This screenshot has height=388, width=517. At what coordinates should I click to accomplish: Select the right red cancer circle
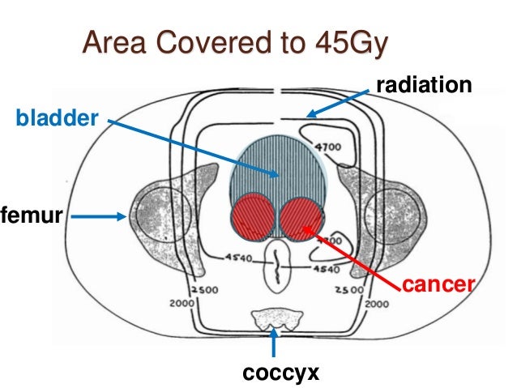[x=302, y=217]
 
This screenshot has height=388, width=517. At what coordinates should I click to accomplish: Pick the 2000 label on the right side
[x=375, y=305]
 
